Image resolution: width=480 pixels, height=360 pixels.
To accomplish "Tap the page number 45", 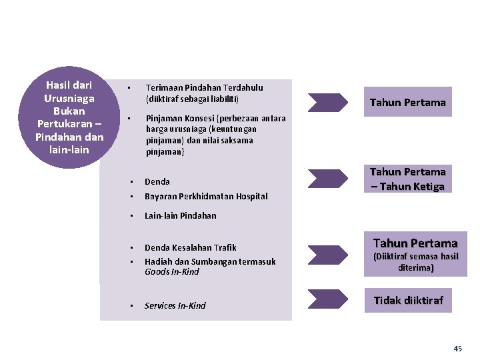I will (x=457, y=349).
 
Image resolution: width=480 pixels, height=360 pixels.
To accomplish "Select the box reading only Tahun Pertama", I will (x=407, y=102).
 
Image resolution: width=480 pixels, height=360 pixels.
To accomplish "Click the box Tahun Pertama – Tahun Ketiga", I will (x=407, y=179).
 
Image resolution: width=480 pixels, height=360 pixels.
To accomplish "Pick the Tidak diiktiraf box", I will (x=408, y=301).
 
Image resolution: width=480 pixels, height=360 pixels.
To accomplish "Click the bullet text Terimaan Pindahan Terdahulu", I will (x=204, y=87).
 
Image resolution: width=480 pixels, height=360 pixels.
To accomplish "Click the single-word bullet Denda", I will (x=157, y=181).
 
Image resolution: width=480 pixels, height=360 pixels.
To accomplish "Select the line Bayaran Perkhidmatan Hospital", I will (x=206, y=196).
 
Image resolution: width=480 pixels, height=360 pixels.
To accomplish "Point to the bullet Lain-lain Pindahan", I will (x=180, y=215).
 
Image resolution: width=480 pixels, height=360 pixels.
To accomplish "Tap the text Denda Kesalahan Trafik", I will (x=190, y=247).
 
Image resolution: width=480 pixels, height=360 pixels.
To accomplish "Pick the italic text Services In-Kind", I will (x=175, y=305).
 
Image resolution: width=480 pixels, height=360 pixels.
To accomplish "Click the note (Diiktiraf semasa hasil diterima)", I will (x=416, y=262).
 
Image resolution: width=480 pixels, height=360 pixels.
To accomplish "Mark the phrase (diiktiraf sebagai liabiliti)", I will (x=192, y=99).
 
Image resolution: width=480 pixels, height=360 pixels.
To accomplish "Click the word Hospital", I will (x=251, y=196).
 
